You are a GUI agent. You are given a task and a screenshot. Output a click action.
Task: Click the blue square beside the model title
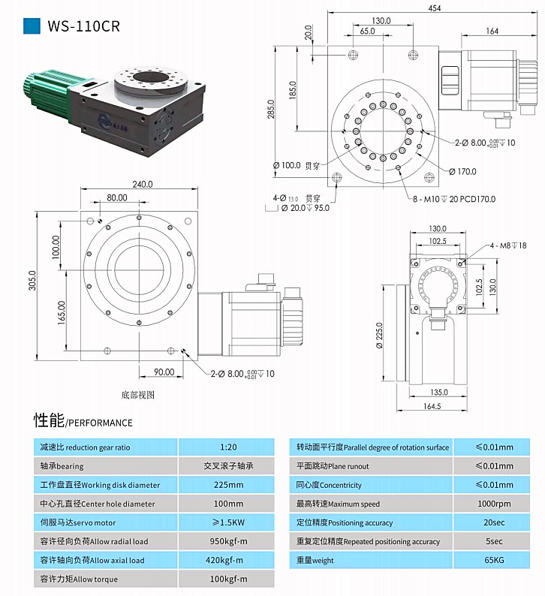click(32, 26)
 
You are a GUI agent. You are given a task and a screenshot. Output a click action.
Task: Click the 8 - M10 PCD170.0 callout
click(453, 199)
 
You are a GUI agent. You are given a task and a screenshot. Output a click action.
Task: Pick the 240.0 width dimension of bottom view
click(143, 184)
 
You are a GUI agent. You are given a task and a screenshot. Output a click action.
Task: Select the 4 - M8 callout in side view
click(508, 245)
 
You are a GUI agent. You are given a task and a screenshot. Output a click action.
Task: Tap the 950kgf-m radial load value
click(228, 541)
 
